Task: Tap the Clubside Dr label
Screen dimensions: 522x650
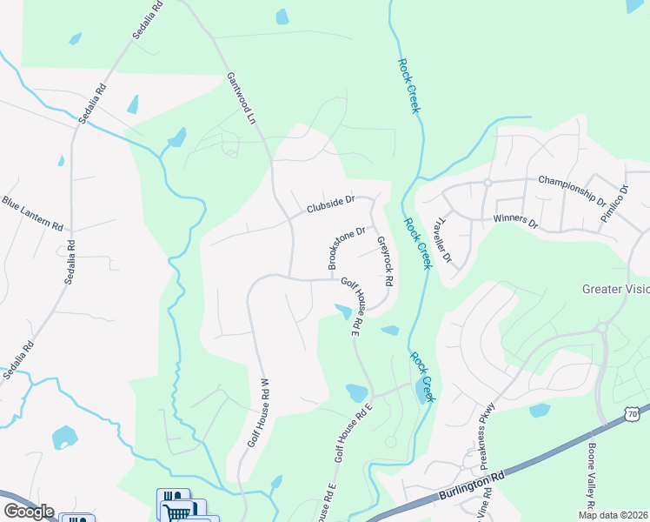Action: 330,205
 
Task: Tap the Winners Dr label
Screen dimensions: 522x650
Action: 515,221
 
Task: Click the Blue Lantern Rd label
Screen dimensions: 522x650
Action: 32,214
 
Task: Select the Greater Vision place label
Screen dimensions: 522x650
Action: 615,289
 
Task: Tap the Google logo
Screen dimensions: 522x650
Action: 29,512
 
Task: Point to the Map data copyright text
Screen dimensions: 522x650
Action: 614,515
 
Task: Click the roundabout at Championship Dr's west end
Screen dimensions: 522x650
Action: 488,183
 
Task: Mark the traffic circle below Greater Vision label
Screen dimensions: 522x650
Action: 600,328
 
